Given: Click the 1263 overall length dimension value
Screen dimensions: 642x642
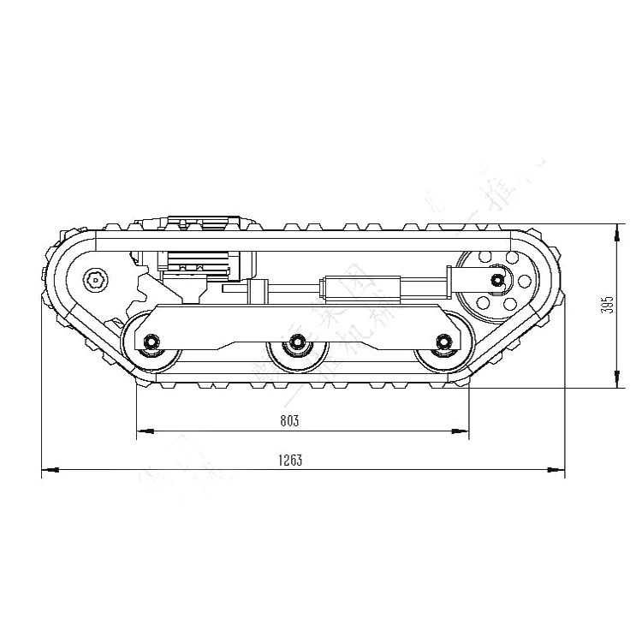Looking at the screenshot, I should tap(290, 460).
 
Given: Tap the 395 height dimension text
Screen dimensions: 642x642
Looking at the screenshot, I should tap(607, 306).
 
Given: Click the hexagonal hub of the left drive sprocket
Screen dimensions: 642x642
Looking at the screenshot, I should tap(95, 278).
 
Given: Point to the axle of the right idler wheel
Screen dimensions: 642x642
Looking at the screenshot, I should tap(496, 279).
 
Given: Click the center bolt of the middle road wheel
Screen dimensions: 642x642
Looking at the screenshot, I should tap(297, 342).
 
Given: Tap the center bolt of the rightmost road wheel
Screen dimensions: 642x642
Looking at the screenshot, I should tap(443, 342).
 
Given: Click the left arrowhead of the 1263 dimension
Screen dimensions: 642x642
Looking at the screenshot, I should tap(48, 470).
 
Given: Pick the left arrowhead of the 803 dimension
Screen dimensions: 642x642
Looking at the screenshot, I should tap(143, 430).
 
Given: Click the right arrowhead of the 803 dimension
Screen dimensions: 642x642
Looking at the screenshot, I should tap(463, 430).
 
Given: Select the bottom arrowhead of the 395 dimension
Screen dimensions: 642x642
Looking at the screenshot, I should tap(616, 382).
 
